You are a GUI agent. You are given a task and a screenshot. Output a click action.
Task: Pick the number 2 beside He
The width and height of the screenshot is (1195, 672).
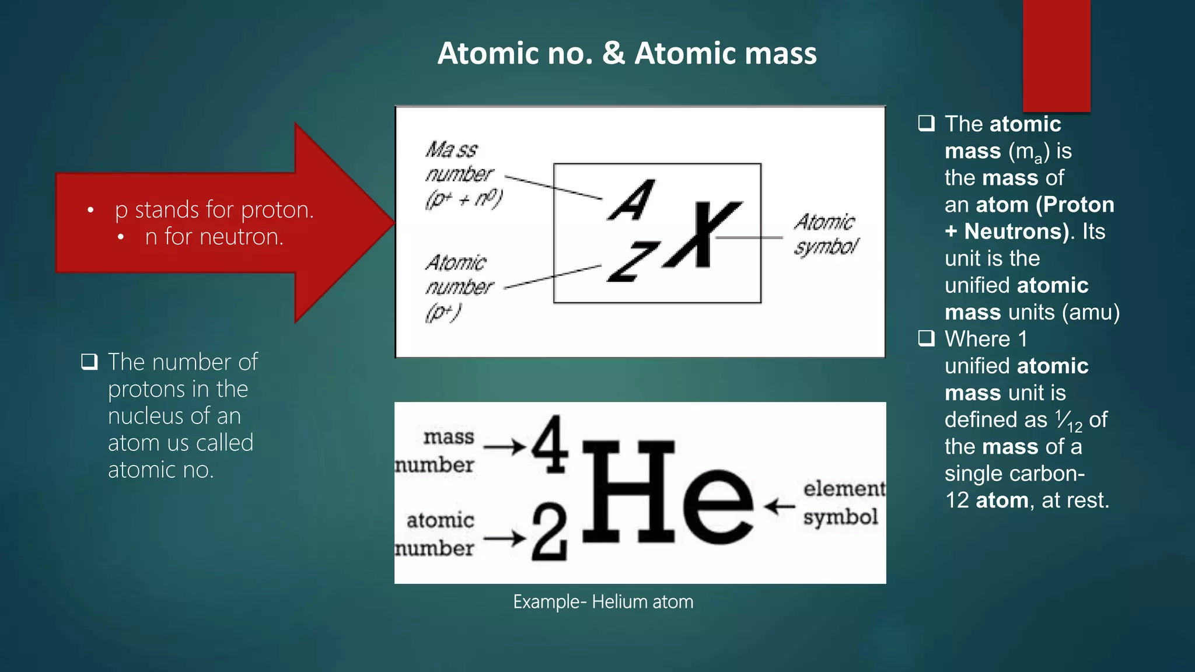click(549, 533)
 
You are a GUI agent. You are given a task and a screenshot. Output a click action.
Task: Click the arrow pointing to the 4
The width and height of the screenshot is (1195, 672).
click(505, 447)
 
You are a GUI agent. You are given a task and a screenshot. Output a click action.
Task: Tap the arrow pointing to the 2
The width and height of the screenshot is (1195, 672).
click(505, 538)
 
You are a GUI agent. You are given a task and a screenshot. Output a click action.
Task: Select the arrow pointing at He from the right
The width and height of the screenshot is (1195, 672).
click(780, 506)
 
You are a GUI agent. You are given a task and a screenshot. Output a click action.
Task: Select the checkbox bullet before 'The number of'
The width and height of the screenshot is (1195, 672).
click(89, 362)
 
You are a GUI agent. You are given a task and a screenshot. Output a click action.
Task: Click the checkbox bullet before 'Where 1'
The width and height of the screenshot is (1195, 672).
click(926, 338)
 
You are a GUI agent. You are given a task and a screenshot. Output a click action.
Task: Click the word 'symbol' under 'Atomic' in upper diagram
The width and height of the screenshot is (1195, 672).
click(826, 247)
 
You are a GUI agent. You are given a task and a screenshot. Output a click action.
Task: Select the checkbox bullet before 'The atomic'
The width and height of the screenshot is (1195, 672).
click(926, 124)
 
